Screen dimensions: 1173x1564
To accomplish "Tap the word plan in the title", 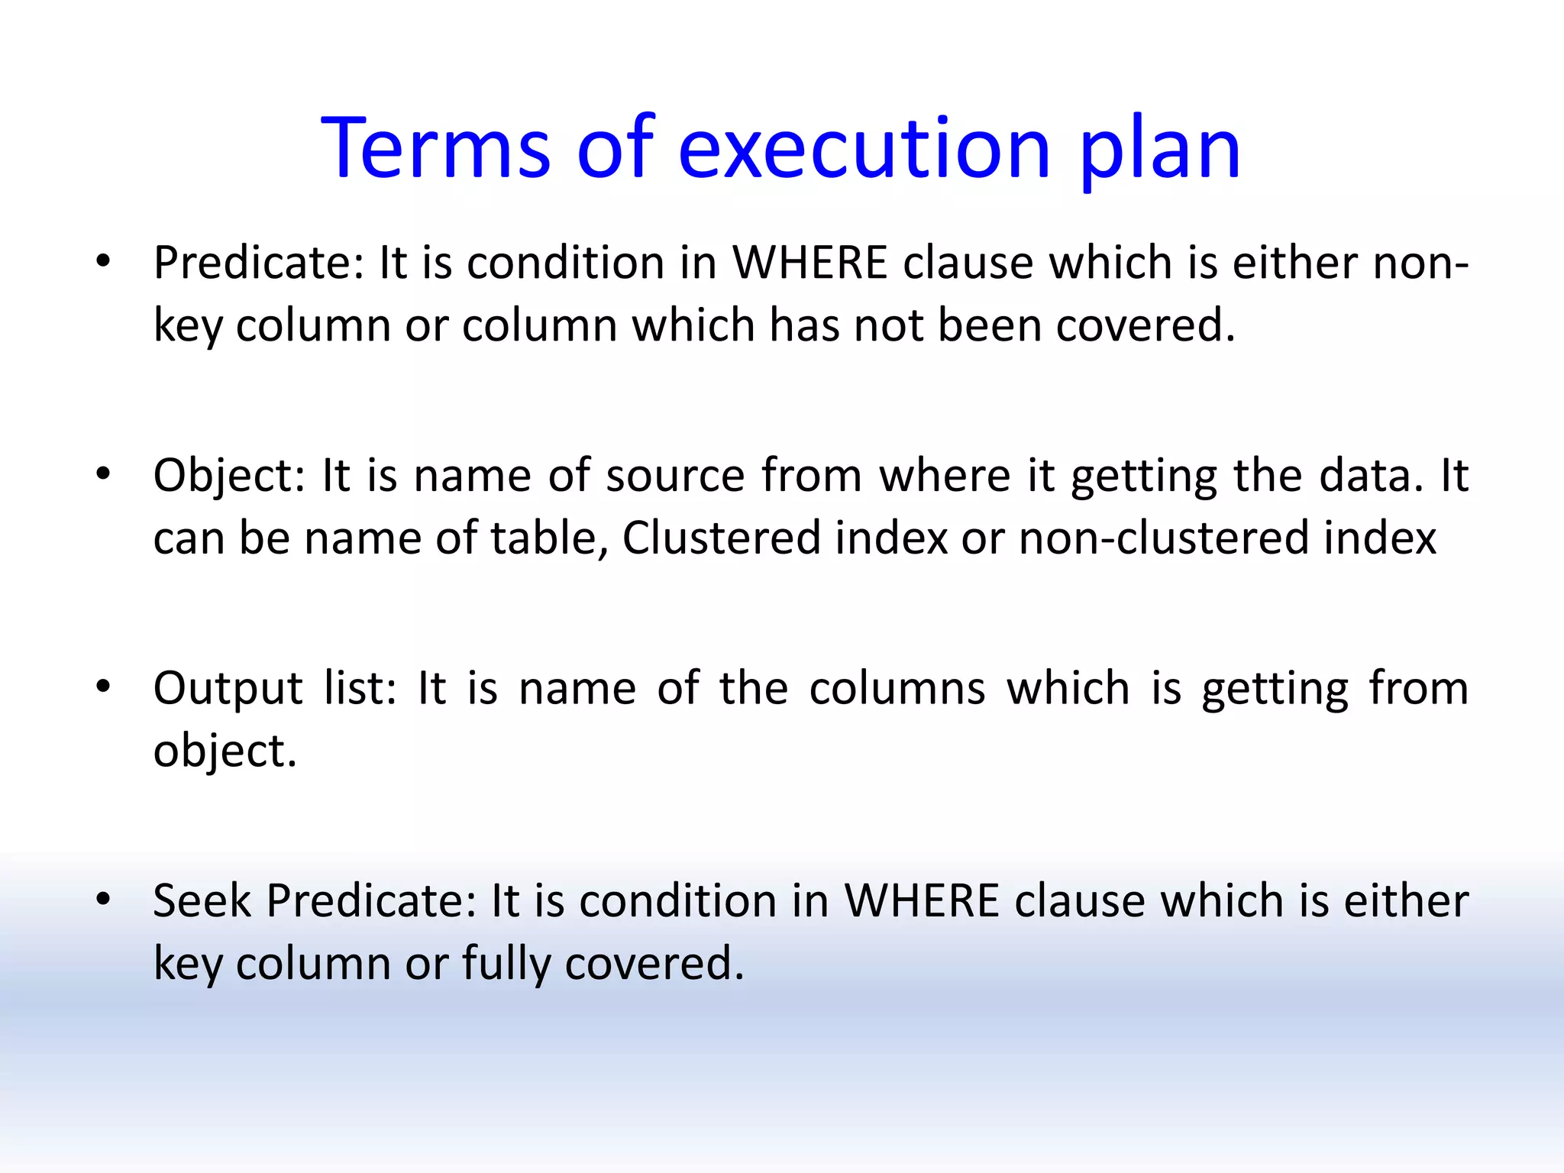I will [1160, 149].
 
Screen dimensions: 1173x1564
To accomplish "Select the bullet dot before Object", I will [104, 475].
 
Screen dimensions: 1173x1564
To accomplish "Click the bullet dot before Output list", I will [104, 687].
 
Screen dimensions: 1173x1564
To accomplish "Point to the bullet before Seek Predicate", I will [104, 900].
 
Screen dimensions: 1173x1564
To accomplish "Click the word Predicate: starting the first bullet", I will [259, 263].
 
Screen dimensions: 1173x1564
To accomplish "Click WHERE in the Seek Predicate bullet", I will [922, 901].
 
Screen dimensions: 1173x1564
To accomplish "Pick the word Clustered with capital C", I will [721, 538].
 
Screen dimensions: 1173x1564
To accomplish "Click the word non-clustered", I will [1164, 538].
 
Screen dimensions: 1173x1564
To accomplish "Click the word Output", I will [228, 688].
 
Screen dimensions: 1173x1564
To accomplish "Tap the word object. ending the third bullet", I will [225, 751].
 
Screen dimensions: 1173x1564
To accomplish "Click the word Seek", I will [202, 901].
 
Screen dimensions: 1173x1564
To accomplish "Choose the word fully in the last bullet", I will [506, 964].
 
